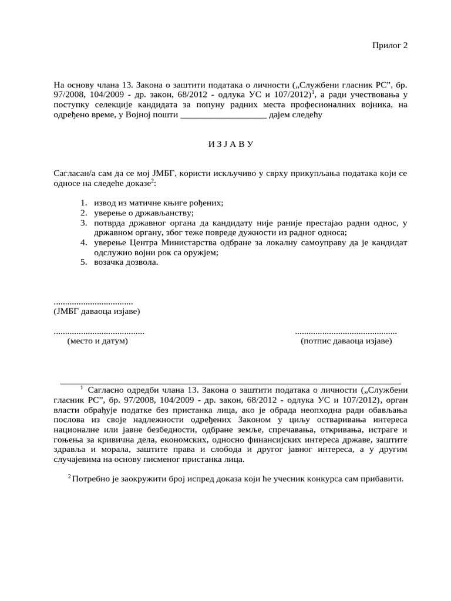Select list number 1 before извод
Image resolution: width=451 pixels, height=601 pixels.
coord(83,202)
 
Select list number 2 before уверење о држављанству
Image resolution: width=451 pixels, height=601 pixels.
coord(83,212)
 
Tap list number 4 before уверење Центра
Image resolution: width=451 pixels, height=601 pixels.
coord(83,242)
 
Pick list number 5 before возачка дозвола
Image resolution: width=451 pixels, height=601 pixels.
coord(83,262)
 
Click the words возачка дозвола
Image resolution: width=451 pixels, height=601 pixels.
coord(126,262)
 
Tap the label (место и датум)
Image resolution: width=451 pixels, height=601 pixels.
coord(97,341)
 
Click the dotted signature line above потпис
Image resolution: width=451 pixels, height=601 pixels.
coord(345,332)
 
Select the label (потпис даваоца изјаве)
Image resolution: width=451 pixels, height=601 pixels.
coord(346,341)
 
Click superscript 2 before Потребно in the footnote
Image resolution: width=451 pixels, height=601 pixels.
coord(69,477)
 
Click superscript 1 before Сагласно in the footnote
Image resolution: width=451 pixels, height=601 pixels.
coord(82,387)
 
